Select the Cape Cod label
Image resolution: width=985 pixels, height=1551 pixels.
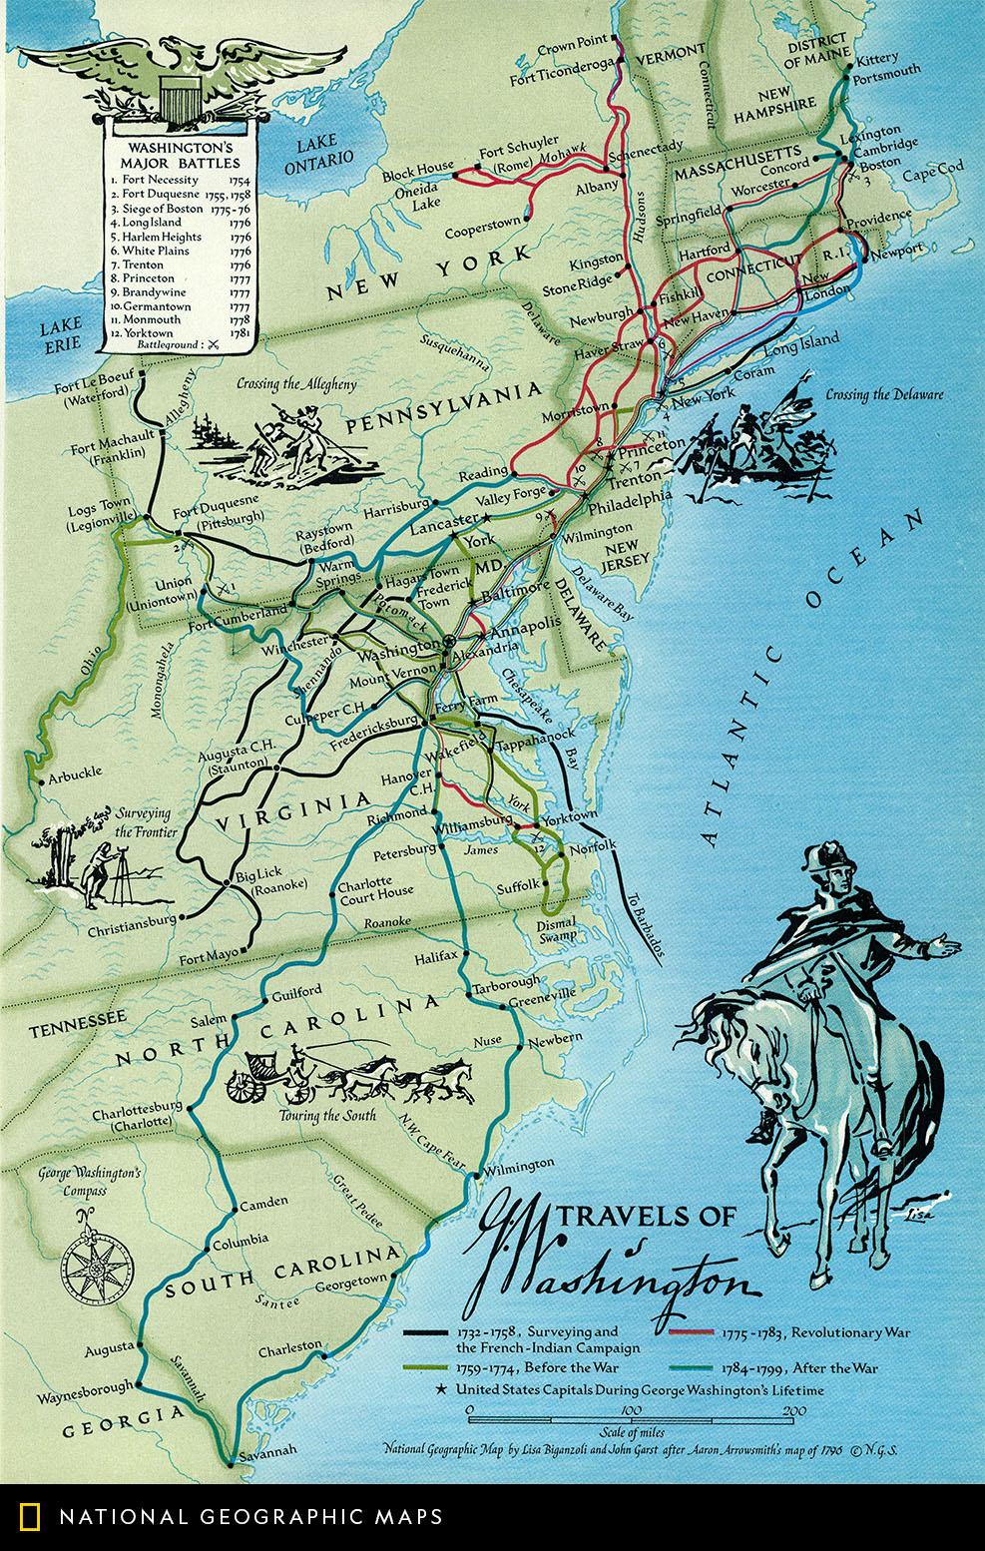coord(933,170)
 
